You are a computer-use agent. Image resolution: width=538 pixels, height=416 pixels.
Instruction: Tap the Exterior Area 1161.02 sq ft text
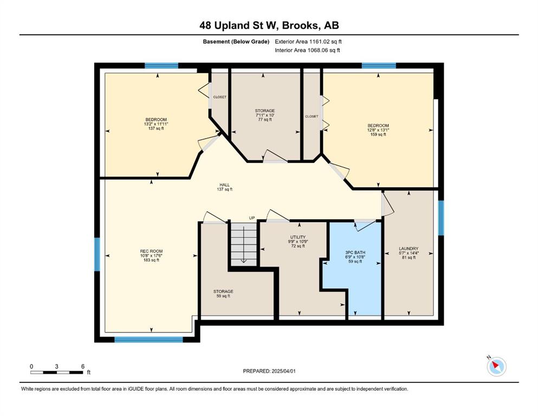point(308,42)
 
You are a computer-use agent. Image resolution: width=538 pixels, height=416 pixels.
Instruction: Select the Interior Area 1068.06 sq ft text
point(307,50)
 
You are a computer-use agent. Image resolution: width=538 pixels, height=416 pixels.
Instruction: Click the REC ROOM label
point(151,251)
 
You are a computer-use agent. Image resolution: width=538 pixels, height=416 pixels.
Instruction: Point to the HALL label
point(225,185)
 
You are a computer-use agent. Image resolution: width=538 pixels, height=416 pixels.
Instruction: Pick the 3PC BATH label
point(355,253)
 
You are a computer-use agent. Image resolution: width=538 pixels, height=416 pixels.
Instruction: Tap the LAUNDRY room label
point(409,249)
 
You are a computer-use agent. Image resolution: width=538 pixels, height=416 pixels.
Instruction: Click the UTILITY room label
point(298,237)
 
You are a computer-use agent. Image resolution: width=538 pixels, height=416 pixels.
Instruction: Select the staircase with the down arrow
point(244,244)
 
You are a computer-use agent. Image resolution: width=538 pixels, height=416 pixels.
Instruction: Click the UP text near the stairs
point(252,218)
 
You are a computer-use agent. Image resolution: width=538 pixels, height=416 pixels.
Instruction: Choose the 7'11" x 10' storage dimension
point(265,115)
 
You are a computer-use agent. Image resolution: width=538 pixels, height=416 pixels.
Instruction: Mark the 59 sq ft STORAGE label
point(223,294)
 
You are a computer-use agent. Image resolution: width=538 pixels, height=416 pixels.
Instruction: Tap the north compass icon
point(496,366)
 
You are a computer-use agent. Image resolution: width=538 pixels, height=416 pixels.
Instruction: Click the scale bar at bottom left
point(57,372)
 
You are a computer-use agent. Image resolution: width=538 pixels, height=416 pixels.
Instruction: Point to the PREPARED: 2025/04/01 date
point(269,371)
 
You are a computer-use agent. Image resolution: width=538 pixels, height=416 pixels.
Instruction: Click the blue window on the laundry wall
point(441,218)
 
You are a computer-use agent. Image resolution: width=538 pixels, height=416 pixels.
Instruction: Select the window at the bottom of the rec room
point(148,340)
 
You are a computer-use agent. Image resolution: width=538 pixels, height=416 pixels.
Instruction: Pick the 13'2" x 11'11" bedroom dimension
point(156,124)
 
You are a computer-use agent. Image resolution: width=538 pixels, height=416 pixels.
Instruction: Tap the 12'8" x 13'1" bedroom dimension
point(378,130)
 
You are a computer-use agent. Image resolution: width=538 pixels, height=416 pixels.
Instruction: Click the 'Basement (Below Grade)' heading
point(236,42)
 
